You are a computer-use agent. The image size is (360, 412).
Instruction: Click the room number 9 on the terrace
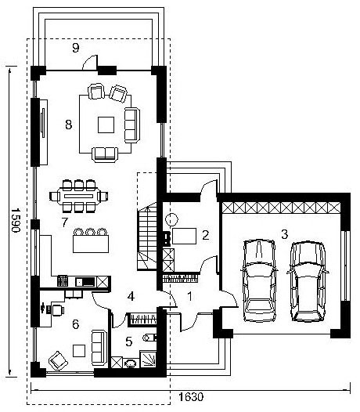(76, 48)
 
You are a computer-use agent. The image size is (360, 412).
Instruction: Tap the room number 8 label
(69, 125)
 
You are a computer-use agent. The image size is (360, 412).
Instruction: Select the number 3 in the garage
(285, 234)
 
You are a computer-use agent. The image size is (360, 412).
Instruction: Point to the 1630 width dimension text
(191, 396)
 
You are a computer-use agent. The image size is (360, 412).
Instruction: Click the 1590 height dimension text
(16, 220)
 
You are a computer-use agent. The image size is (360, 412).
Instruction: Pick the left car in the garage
(259, 280)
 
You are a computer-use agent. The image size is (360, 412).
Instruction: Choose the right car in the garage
(308, 281)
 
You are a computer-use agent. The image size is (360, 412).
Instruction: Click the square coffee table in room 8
(106, 125)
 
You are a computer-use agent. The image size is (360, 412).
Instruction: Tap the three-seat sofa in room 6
(99, 347)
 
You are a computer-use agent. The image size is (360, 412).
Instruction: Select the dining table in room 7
(79, 196)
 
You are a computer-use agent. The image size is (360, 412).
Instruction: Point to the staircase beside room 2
(147, 236)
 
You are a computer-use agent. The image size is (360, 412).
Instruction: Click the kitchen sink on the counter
(85, 282)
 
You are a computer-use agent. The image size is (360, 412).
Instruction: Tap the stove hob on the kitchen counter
(63, 281)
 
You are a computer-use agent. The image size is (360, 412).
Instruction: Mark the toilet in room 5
(150, 338)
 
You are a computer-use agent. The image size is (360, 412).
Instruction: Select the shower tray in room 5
(149, 359)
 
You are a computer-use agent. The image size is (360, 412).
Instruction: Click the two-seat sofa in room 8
(105, 154)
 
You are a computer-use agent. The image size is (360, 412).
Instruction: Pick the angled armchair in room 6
(58, 361)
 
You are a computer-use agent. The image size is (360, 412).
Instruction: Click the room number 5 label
(129, 342)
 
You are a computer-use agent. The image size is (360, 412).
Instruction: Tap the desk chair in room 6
(58, 310)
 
